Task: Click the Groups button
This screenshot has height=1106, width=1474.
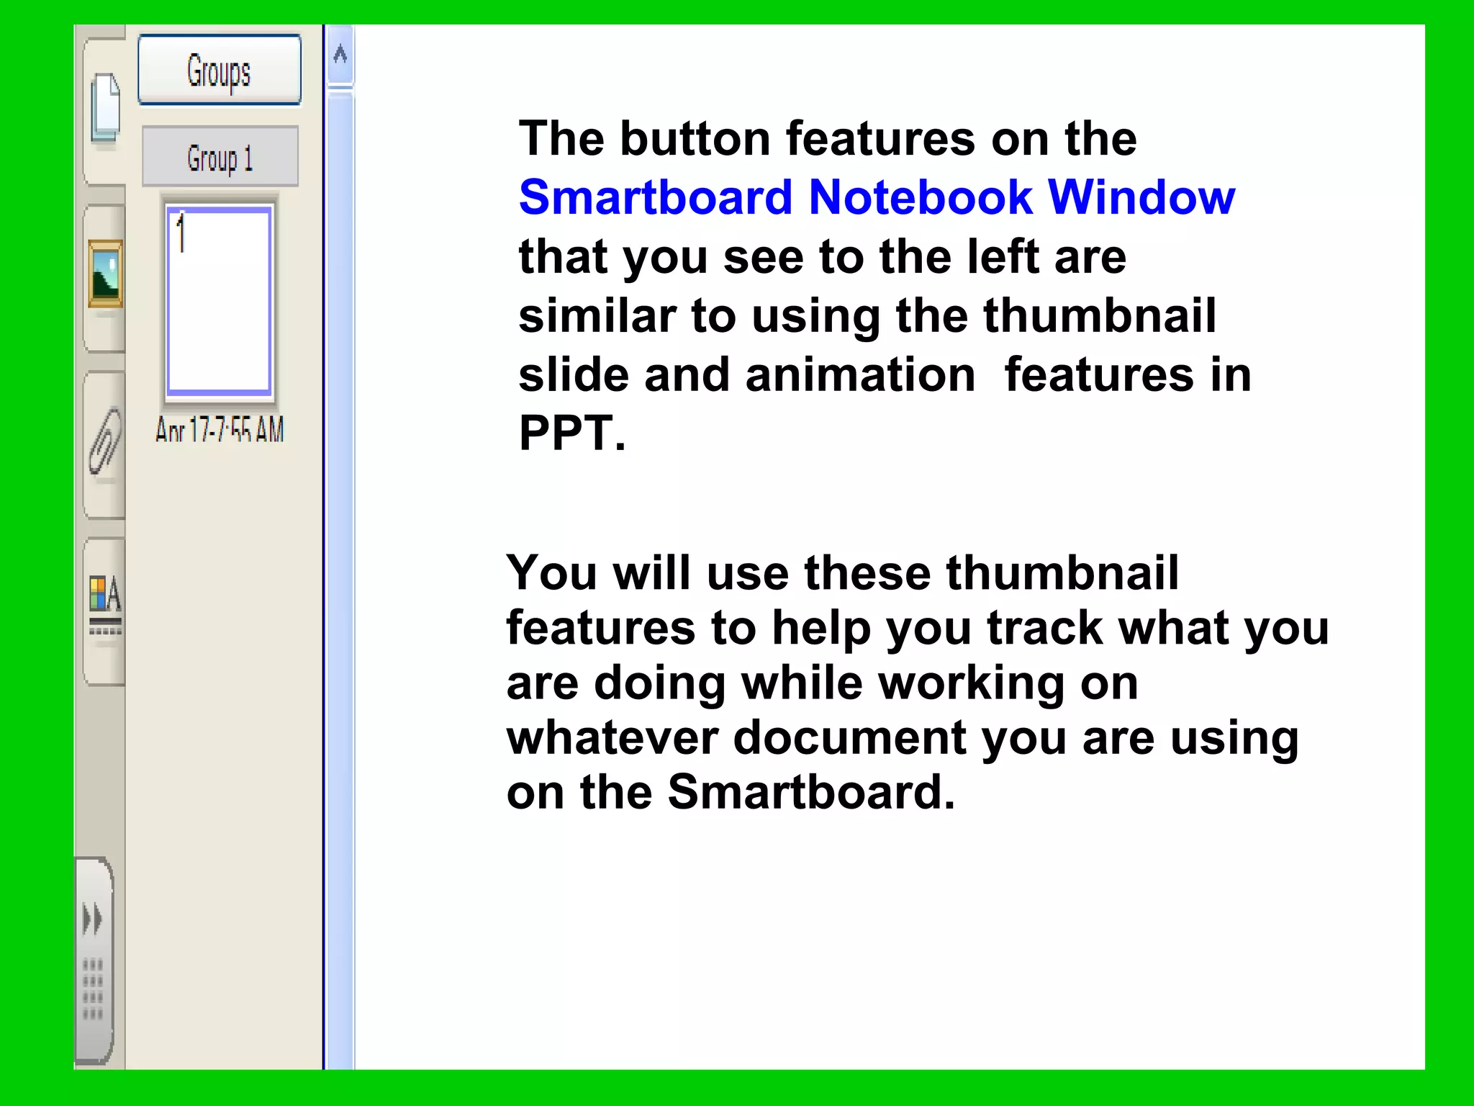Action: pyautogui.click(x=220, y=71)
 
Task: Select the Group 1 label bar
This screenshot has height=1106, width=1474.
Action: pyautogui.click(x=220, y=157)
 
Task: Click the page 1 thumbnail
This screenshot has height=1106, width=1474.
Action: pyautogui.click(x=220, y=301)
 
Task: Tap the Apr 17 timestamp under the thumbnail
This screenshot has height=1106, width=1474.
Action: pyautogui.click(x=220, y=430)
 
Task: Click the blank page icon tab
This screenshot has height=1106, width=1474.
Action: pyautogui.click(x=106, y=108)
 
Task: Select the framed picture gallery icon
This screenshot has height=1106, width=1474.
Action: pyautogui.click(x=105, y=274)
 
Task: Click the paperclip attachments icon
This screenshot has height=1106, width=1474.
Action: pyautogui.click(x=105, y=440)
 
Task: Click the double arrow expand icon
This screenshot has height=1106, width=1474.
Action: pyautogui.click(x=93, y=919)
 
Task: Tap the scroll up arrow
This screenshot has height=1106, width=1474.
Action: pyautogui.click(x=340, y=54)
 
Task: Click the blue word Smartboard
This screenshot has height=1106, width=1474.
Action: pyautogui.click(x=655, y=197)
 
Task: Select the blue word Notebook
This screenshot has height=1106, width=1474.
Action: pyautogui.click(x=921, y=197)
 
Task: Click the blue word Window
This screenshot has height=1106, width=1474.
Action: pyautogui.click(x=1141, y=197)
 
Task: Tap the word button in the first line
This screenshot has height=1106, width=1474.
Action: pyautogui.click(x=695, y=138)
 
